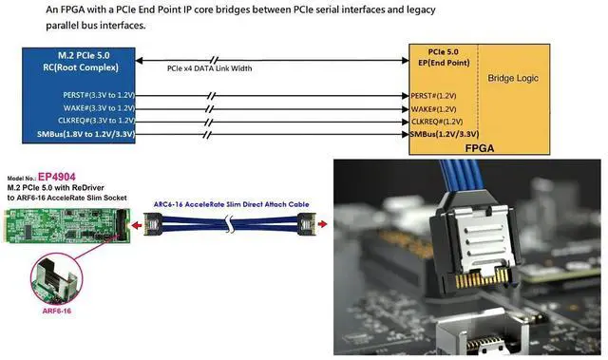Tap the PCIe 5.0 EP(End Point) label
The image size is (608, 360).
[442, 56]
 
